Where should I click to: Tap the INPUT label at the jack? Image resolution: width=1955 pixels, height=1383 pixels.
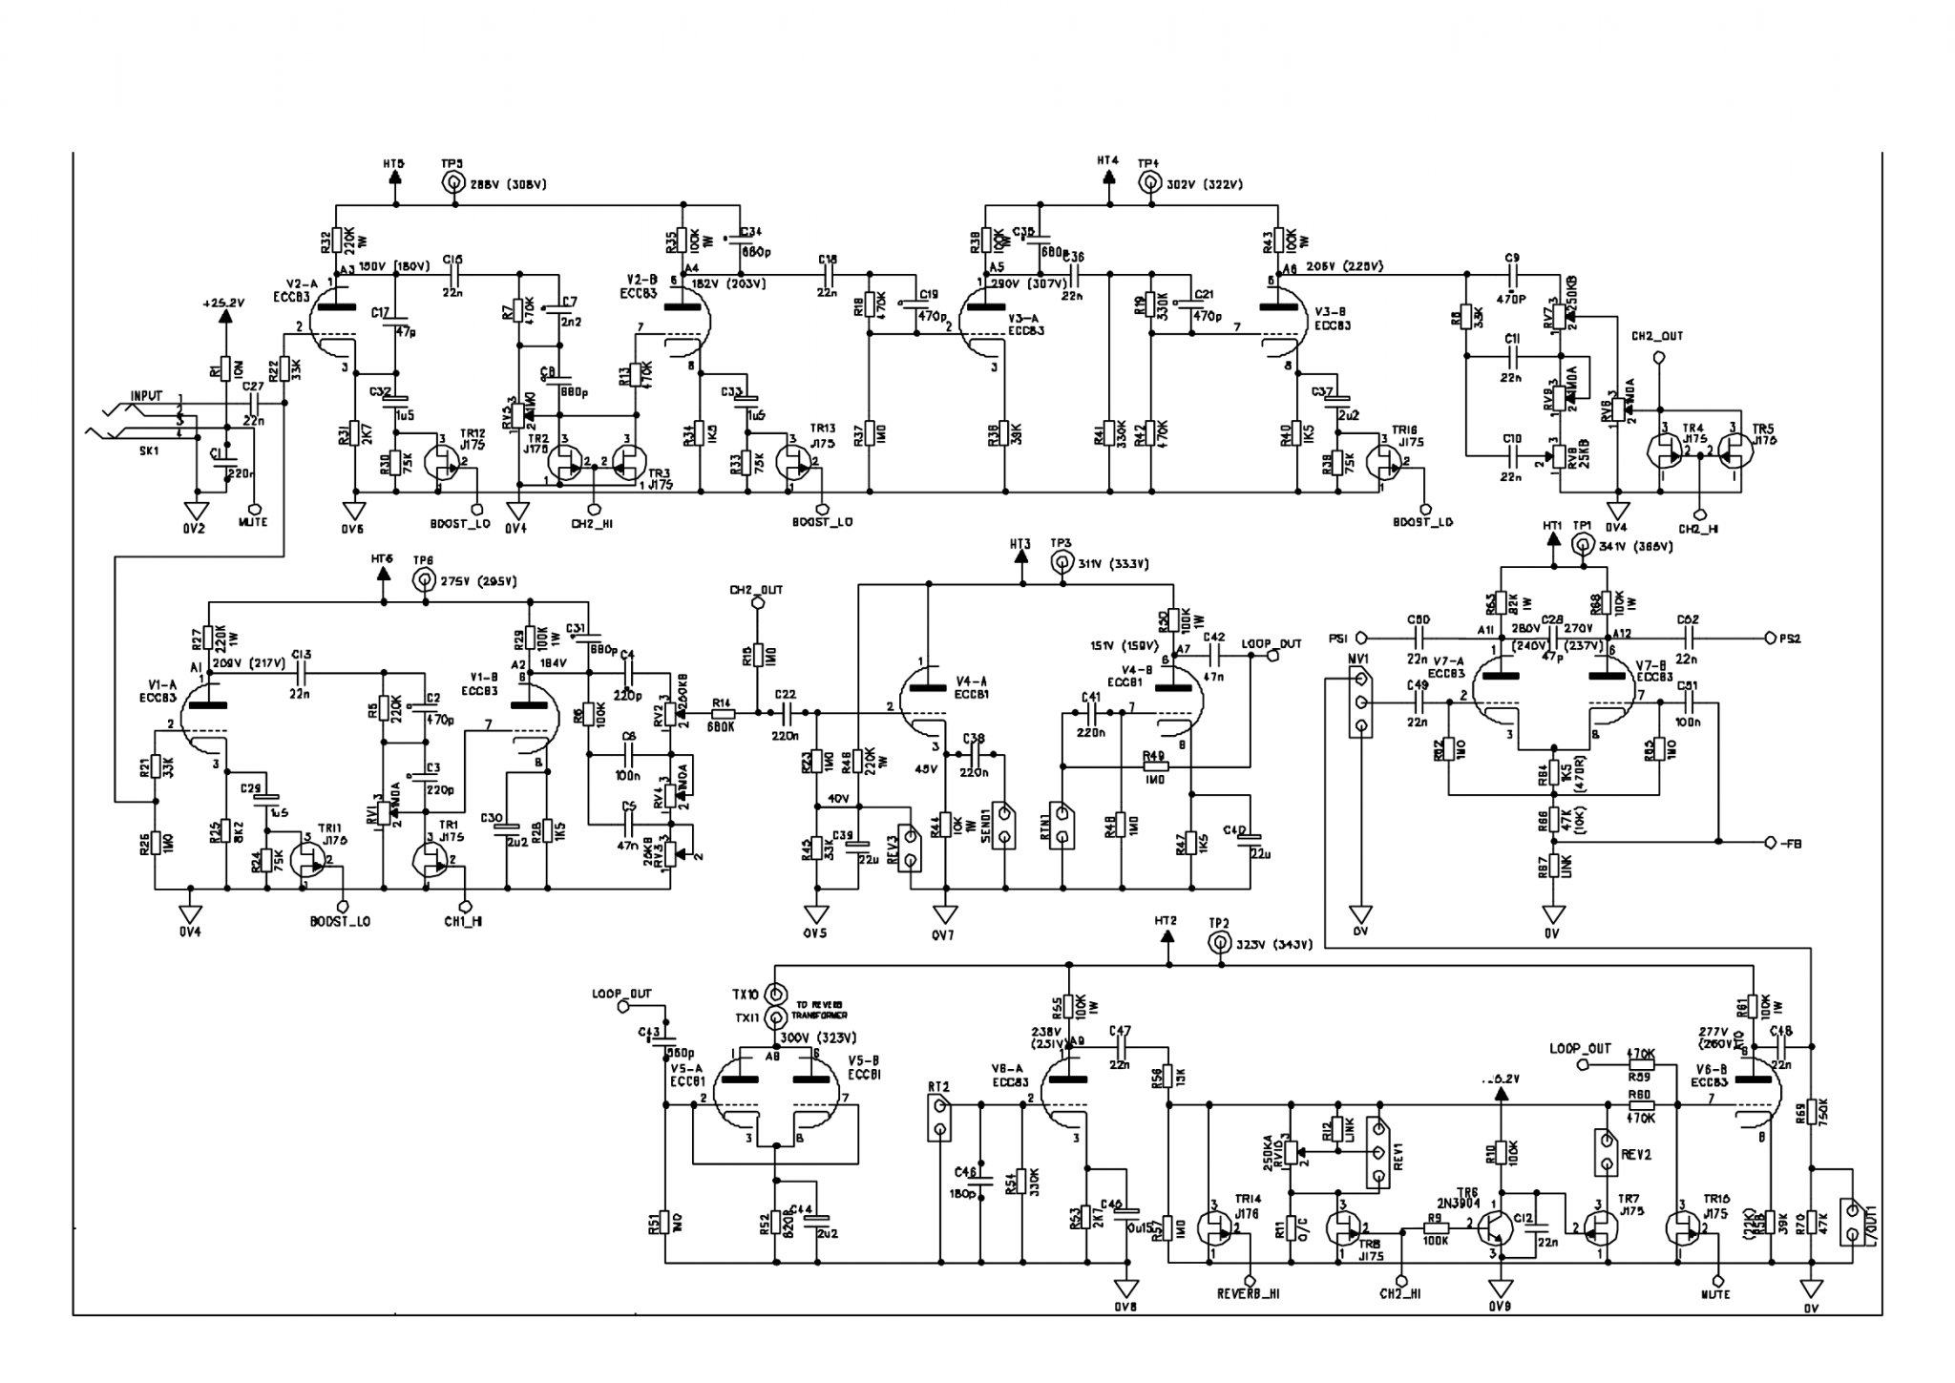[x=146, y=394]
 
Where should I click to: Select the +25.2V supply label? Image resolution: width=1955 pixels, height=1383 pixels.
[x=224, y=303]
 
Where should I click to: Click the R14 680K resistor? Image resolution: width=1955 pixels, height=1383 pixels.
[x=723, y=713]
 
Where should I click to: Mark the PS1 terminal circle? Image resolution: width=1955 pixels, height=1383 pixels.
[x=1362, y=638]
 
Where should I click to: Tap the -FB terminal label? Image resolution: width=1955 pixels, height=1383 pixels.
[x=1786, y=843]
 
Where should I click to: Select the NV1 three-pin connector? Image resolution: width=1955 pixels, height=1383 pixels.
[x=1361, y=704]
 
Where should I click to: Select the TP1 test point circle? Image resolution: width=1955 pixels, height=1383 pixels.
[x=1583, y=547]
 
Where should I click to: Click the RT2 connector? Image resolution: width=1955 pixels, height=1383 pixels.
[x=939, y=1119]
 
